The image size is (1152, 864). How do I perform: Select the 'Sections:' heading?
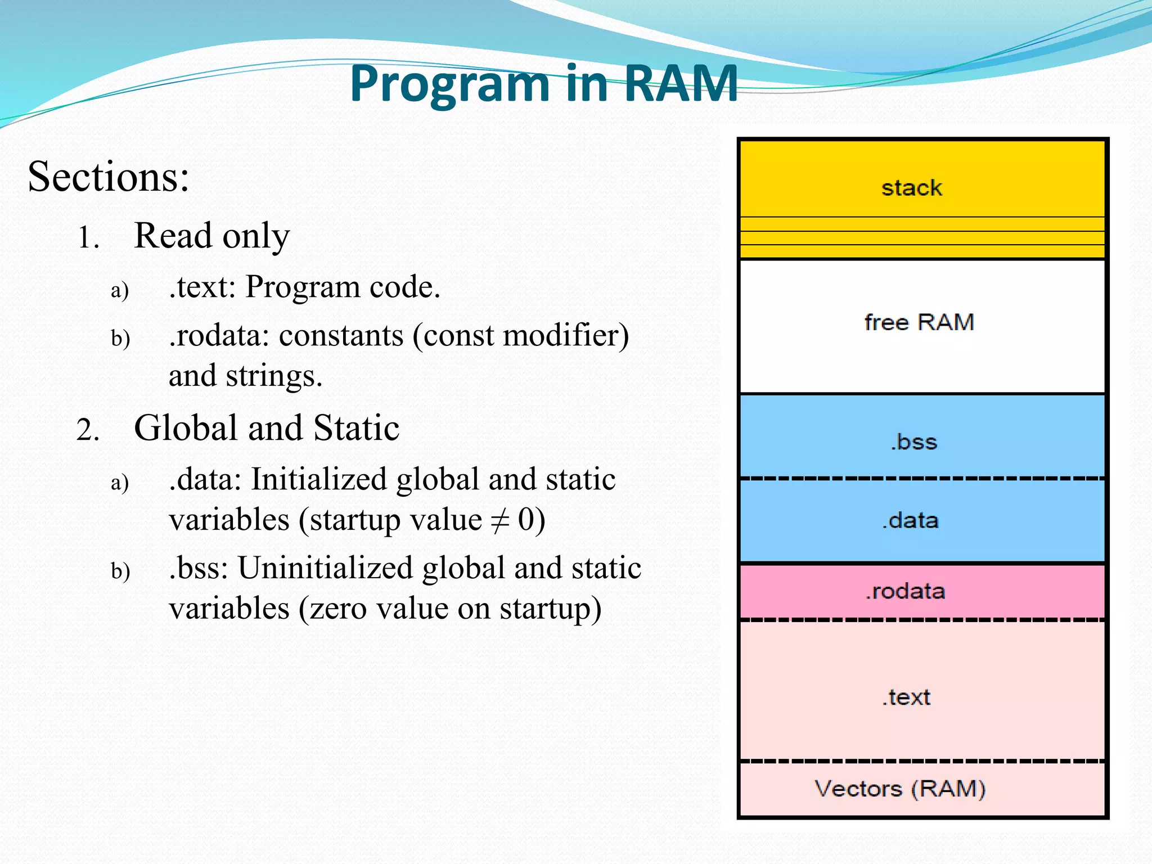point(109,177)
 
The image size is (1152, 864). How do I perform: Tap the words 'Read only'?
point(211,236)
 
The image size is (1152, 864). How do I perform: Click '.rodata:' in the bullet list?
point(219,336)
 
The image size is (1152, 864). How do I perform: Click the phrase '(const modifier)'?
point(520,336)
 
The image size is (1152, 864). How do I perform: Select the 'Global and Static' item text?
point(267,428)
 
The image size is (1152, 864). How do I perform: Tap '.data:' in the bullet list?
point(205,480)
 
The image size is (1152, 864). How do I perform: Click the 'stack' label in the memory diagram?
point(911,188)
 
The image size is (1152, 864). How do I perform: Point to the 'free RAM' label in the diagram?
point(919,322)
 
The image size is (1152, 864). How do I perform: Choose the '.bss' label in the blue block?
point(913,442)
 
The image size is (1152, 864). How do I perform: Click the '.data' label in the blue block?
point(910,520)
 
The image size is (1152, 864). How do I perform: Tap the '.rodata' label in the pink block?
point(905,591)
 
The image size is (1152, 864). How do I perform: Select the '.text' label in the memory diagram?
point(906,697)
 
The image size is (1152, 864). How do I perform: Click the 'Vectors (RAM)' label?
point(900,789)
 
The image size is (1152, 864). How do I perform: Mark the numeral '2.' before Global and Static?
point(88,431)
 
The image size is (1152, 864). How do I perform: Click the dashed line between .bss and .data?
point(922,479)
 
